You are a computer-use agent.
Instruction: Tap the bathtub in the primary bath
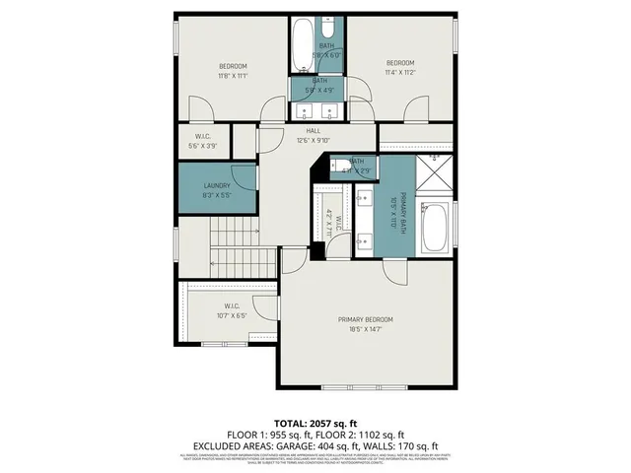click(x=434, y=228)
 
